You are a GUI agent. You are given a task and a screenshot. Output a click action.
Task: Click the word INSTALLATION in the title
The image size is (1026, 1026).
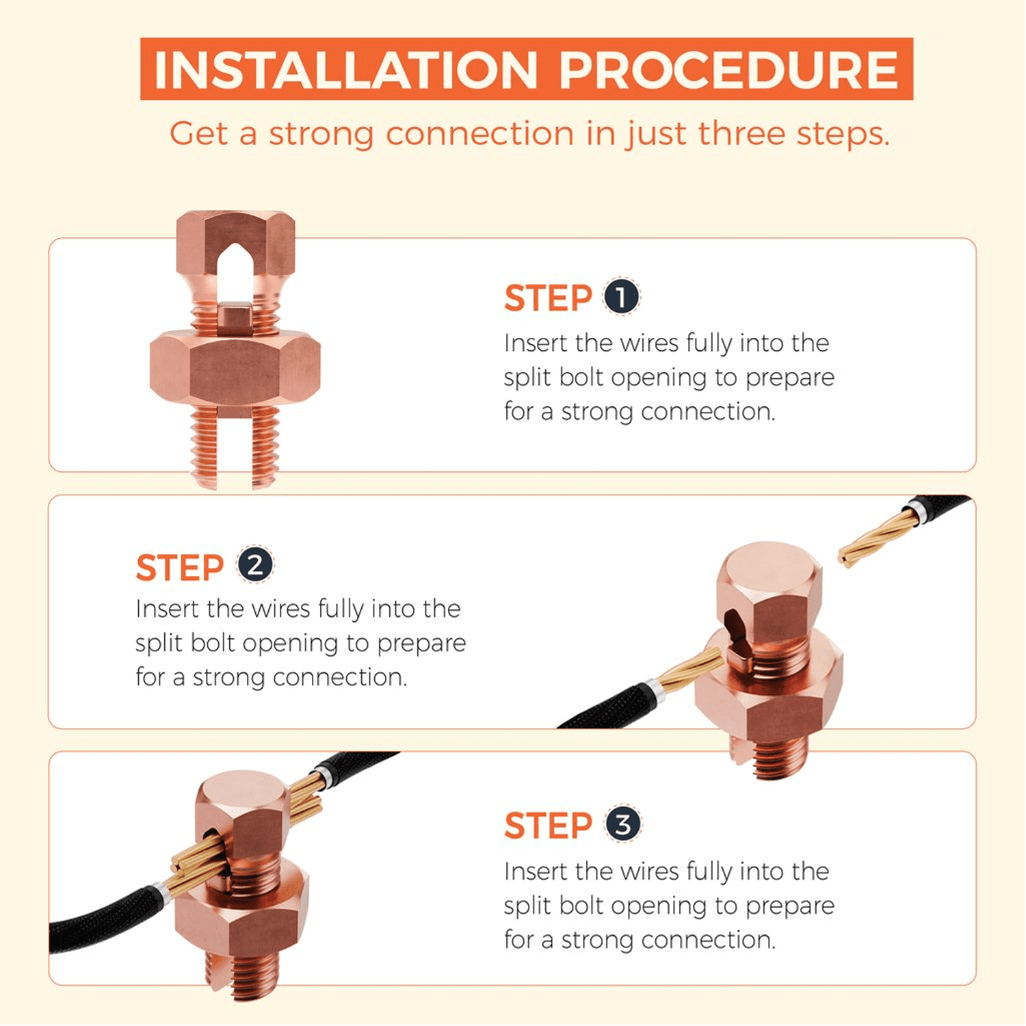pyautogui.click(x=346, y=70)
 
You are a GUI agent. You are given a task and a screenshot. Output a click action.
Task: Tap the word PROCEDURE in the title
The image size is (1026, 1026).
pyautogui.click(x=729, y=70)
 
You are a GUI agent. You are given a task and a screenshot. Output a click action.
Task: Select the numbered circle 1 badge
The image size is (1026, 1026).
pyautogui.click(x=621, y=297)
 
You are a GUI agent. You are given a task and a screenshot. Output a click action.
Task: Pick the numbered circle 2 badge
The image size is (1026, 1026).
pyautogui.click(x=254, y=565)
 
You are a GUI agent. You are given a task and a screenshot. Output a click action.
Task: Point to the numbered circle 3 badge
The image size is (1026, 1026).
pyautogui.click(x=622, y=824)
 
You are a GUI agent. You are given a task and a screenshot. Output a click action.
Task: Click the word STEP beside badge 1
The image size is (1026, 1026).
pyautogui.click(x=548, y=298)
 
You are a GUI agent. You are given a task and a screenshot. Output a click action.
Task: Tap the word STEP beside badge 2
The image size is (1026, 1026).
pyautogui.click(x=180, y=568)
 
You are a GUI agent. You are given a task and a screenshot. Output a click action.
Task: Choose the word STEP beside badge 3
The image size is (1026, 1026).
pyautogui.click(x=548, y=826)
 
